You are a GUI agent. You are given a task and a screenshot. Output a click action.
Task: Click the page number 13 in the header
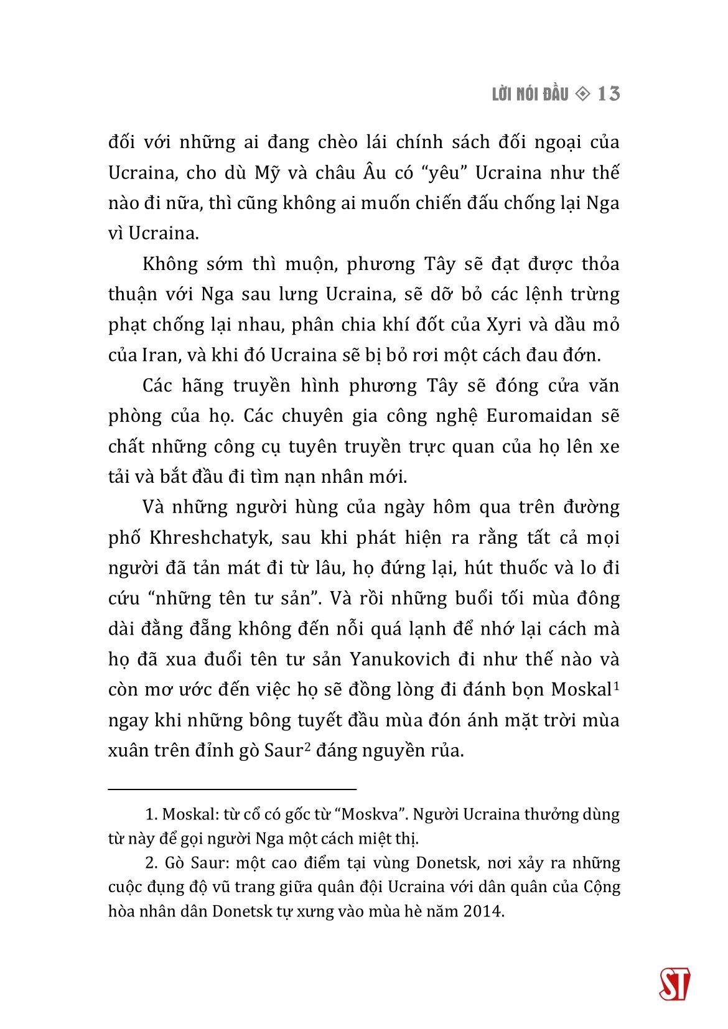tap(608, 94)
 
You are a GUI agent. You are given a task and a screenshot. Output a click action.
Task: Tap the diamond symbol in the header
tap(582, 94)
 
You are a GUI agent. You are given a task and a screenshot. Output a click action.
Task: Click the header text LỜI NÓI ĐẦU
tap(530, 95)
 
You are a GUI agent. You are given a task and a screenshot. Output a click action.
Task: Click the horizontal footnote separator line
tap(232, 789)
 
